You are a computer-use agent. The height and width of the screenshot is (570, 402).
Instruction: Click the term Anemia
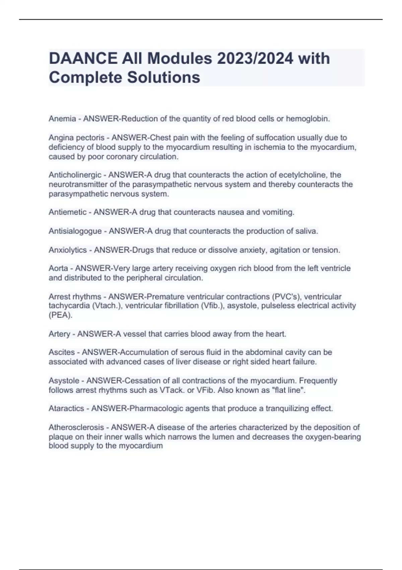point(62,119)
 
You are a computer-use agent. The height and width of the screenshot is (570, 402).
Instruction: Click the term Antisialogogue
point(75,231)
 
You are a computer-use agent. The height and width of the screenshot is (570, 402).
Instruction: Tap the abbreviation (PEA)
point(60,316)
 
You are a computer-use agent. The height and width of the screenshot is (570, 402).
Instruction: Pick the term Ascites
point(62,352)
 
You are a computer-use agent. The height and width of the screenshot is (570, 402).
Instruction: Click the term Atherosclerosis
point(76,427)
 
